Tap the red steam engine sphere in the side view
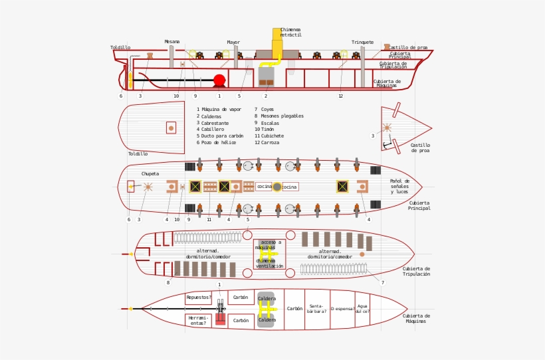click(x=219, y=80)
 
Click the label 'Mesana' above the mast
click(x=172, y=42)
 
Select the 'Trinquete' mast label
click(x=362, y=43)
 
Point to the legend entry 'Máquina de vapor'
click(x=221, y=110)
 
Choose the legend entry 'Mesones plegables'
click(x=282, y=116)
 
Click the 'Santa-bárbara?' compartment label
click(x=316, y=309)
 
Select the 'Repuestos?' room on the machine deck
click(x=199, y=298)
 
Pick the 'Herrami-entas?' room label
click(x=198, y=320)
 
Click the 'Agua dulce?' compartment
click(x=362, y=309)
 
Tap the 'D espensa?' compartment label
click(x=342, y=309)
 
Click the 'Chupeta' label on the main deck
click(x=150, y=174)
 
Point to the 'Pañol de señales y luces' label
click(x=399, y=186)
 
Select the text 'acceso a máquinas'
click(x=269, y=245)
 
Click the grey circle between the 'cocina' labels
click(x=277, y=187)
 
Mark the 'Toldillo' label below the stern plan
click(x=138, y=154)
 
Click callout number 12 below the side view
click(x=340, y=96)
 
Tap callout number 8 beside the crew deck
click(x=167, y=283)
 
